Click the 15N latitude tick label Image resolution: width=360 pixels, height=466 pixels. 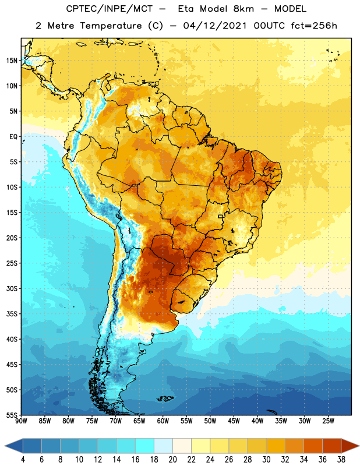[12, 61]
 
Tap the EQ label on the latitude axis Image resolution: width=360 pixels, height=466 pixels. [13, 137]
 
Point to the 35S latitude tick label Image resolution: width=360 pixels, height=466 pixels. [12, 314]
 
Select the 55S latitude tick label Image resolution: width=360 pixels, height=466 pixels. [12, 415]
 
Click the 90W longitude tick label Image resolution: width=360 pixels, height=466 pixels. [21, 421]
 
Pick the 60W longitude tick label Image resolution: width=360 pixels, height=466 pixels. [163, 421]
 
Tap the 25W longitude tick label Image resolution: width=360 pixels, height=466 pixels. [328, 421]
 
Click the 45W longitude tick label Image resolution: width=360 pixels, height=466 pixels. [234, 421]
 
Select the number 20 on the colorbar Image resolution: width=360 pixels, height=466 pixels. [172, 460]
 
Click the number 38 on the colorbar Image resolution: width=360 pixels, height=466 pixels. [341, 460]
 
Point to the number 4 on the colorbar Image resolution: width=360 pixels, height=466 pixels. [23, 460]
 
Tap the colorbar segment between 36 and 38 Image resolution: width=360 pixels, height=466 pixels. [332, 446]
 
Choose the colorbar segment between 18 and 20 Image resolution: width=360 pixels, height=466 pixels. [163, 446]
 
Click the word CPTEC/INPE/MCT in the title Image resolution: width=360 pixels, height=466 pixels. [110, 9]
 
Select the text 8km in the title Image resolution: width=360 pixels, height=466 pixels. [243, 9]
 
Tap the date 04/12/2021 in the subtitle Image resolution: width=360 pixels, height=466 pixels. [215, 26]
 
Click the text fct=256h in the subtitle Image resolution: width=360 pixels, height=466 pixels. [314, 26]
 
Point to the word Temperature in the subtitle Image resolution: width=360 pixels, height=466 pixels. [111, 26]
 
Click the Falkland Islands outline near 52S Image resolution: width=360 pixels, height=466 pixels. [165, 398]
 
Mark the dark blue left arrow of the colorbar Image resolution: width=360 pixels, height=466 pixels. [13, 446]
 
